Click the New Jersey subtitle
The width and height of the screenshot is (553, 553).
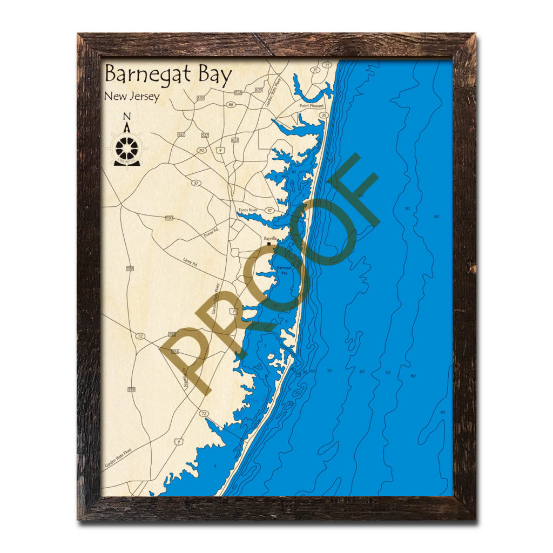point(132,97)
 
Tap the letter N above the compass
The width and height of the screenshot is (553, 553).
point(127,116)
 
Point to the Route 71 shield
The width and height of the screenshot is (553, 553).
point(326,65)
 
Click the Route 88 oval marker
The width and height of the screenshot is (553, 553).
point(231,105)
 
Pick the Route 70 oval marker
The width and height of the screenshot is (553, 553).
point(201,150)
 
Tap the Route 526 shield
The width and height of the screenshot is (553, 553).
point(238,93)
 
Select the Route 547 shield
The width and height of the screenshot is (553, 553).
point(181,134)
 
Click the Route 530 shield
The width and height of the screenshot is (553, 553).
point(170,218)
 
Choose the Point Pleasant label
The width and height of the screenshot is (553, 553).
point(312,106)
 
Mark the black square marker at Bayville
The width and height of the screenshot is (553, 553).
point(269,244)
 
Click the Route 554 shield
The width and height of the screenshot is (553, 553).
point(174,352)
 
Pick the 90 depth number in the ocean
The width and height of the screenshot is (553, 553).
point(442,413)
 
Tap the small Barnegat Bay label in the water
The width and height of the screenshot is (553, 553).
point(283,270)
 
